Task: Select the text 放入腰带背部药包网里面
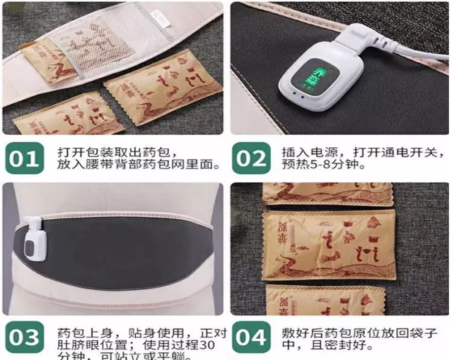(x=114, y=165)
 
